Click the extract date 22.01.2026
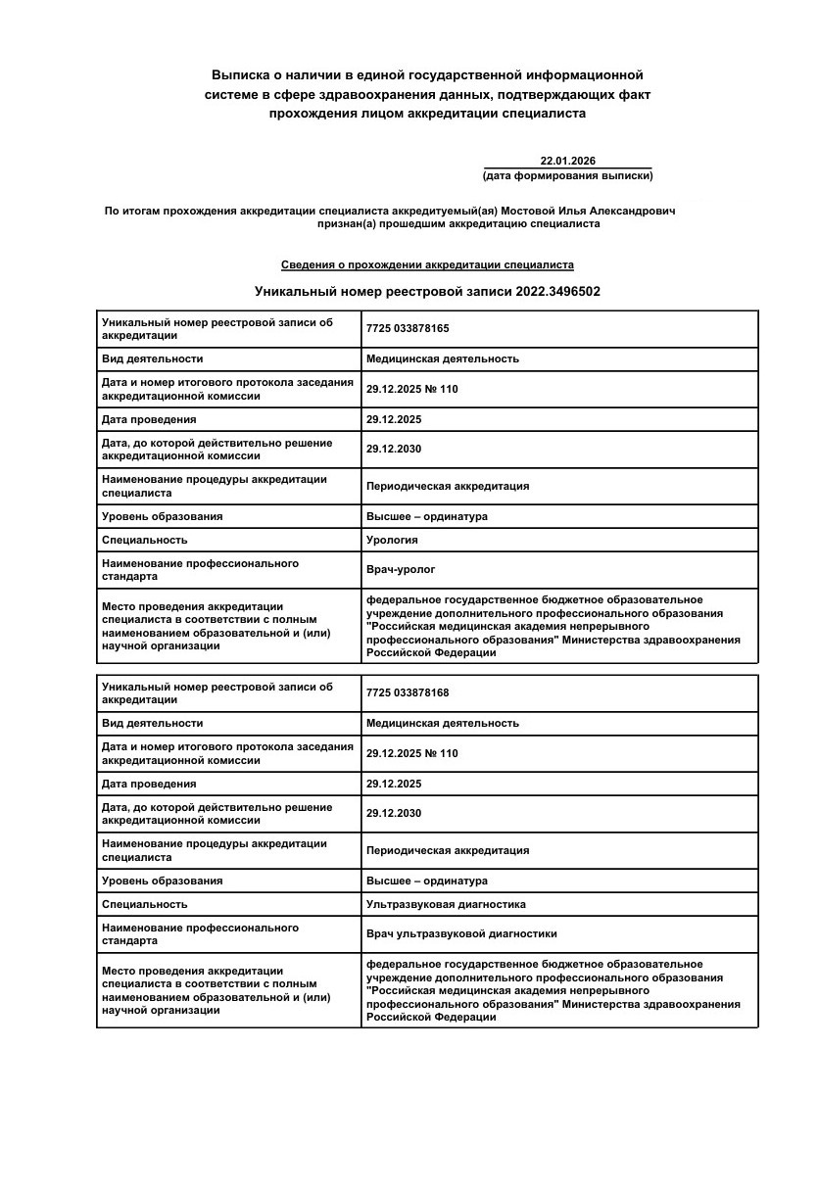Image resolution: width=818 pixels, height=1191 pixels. point(567,162)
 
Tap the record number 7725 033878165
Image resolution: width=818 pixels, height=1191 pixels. point(408,328)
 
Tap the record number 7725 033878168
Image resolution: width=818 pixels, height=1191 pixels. point(408,692)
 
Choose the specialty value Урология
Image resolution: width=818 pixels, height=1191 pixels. point(392,540)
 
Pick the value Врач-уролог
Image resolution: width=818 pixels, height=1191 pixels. point(401,569)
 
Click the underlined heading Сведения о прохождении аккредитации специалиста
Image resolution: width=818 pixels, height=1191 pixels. point(427,265)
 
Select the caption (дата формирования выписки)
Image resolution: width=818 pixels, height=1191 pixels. point(567,176)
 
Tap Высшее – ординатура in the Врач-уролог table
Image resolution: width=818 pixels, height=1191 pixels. point(426,516)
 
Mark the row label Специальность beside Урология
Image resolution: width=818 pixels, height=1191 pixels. point(144,540)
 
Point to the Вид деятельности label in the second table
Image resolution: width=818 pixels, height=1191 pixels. point(152,723)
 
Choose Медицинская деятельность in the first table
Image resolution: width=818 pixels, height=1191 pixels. point(442,358)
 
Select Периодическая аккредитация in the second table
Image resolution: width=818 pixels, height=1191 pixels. point(448,850)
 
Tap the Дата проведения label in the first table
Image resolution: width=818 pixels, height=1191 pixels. point(149,419)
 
